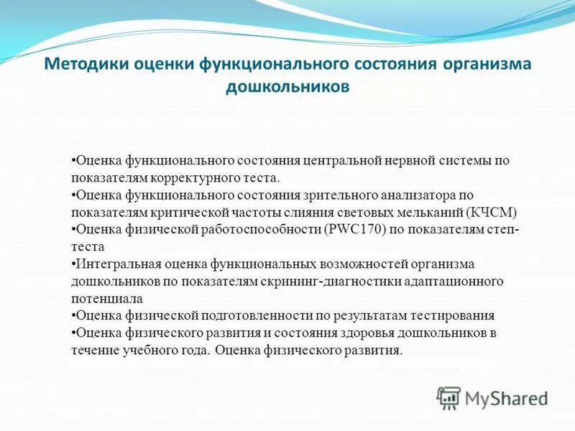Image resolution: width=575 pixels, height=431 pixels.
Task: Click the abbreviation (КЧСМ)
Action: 492,213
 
